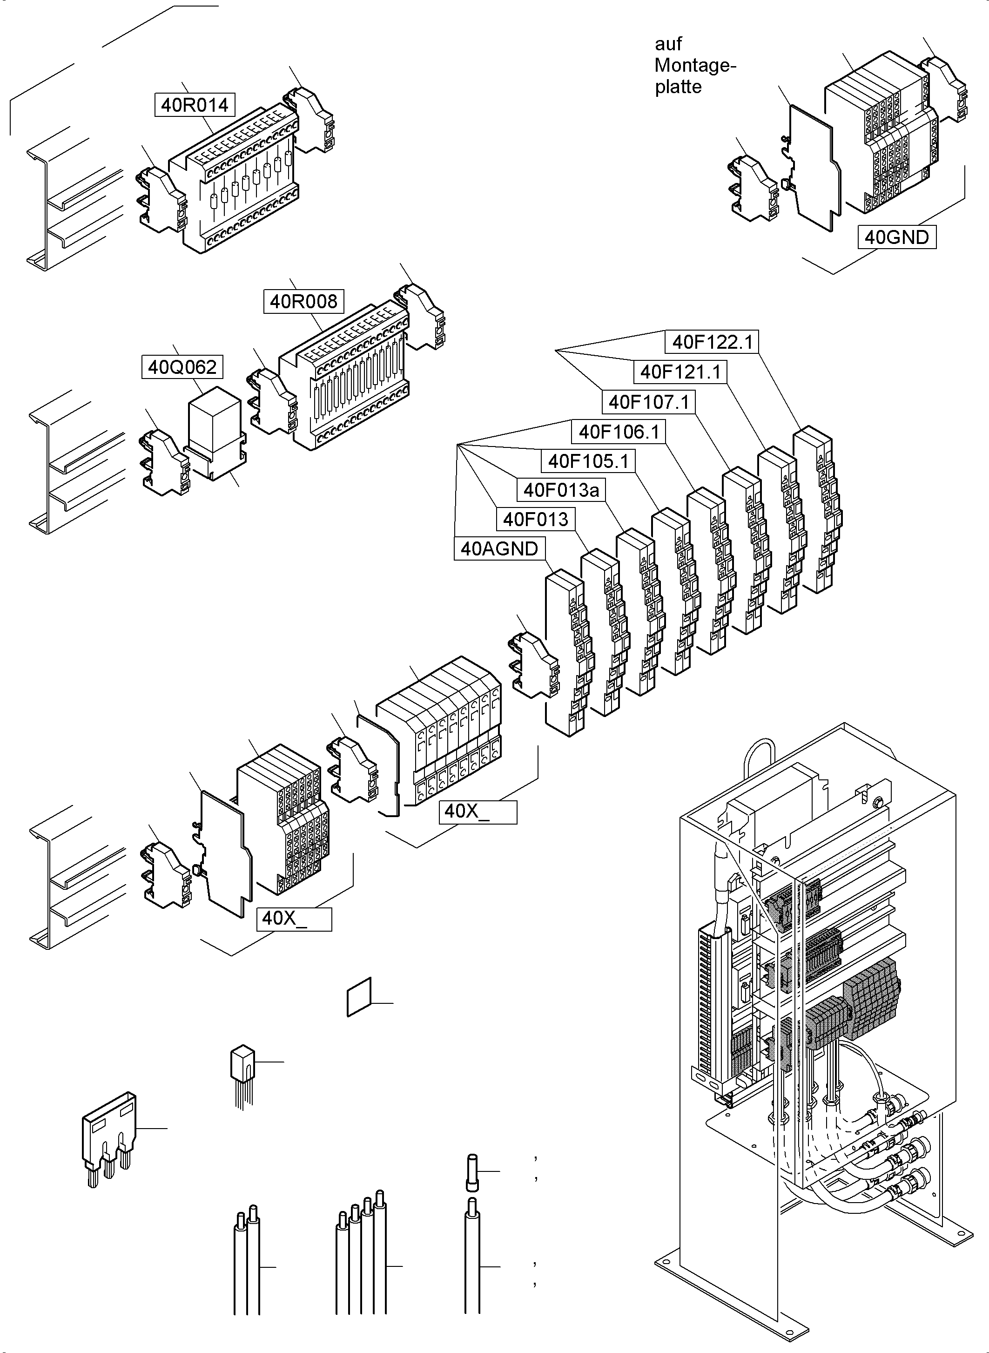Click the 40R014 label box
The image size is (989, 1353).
point(195,105)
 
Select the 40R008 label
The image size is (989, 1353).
point(303,301)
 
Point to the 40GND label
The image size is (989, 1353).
point(896,237)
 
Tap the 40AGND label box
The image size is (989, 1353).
point(499,548)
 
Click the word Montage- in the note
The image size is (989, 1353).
point(694,65)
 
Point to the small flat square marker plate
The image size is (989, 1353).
point(359,997)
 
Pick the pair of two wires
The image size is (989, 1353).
point(247,1264)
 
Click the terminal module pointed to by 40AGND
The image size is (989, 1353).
point(566,653)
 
